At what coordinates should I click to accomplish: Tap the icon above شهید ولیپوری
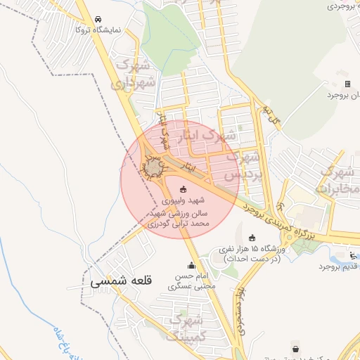pos(184,188)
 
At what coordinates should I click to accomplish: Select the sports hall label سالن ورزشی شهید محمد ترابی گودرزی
pos(180,217)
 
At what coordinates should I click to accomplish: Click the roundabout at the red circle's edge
pos(153,166)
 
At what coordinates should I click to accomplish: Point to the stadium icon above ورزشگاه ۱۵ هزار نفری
pos(252,236)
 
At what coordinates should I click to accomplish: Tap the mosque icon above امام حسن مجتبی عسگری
pos(191,265)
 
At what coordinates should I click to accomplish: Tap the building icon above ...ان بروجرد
pos(347,84)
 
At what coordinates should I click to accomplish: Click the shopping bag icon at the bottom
pos(296,349)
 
